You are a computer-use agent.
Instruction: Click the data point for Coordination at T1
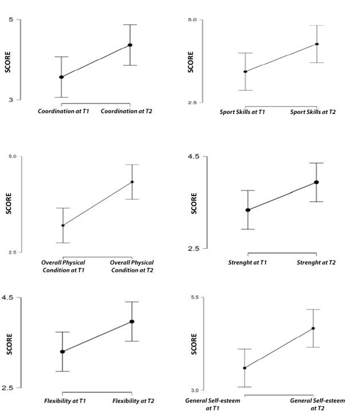(x=61, y=77)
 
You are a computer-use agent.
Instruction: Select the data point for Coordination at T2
(x=130, y=45)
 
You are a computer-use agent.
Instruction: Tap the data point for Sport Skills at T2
(x=317, y=44)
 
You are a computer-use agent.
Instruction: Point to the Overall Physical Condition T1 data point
(x=63, y=225)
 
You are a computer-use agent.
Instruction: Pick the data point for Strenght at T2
(x=317, y=182)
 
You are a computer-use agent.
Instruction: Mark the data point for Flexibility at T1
(x=62, y=351)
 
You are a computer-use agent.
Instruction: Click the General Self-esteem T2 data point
(x=313, y=328)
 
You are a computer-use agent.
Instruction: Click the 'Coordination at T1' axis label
(x=64, y=111)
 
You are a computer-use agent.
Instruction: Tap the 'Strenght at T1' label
(x=247, y=263)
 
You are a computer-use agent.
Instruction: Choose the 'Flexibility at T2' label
(x=133, y=401)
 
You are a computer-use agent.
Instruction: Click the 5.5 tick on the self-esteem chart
(x=194, y=298)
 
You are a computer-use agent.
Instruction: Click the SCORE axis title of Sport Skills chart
(x=191, y=62)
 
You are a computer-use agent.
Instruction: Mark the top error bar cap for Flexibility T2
(x=132, y=302)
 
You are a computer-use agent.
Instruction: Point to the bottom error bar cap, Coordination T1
(x=61, y=97)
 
